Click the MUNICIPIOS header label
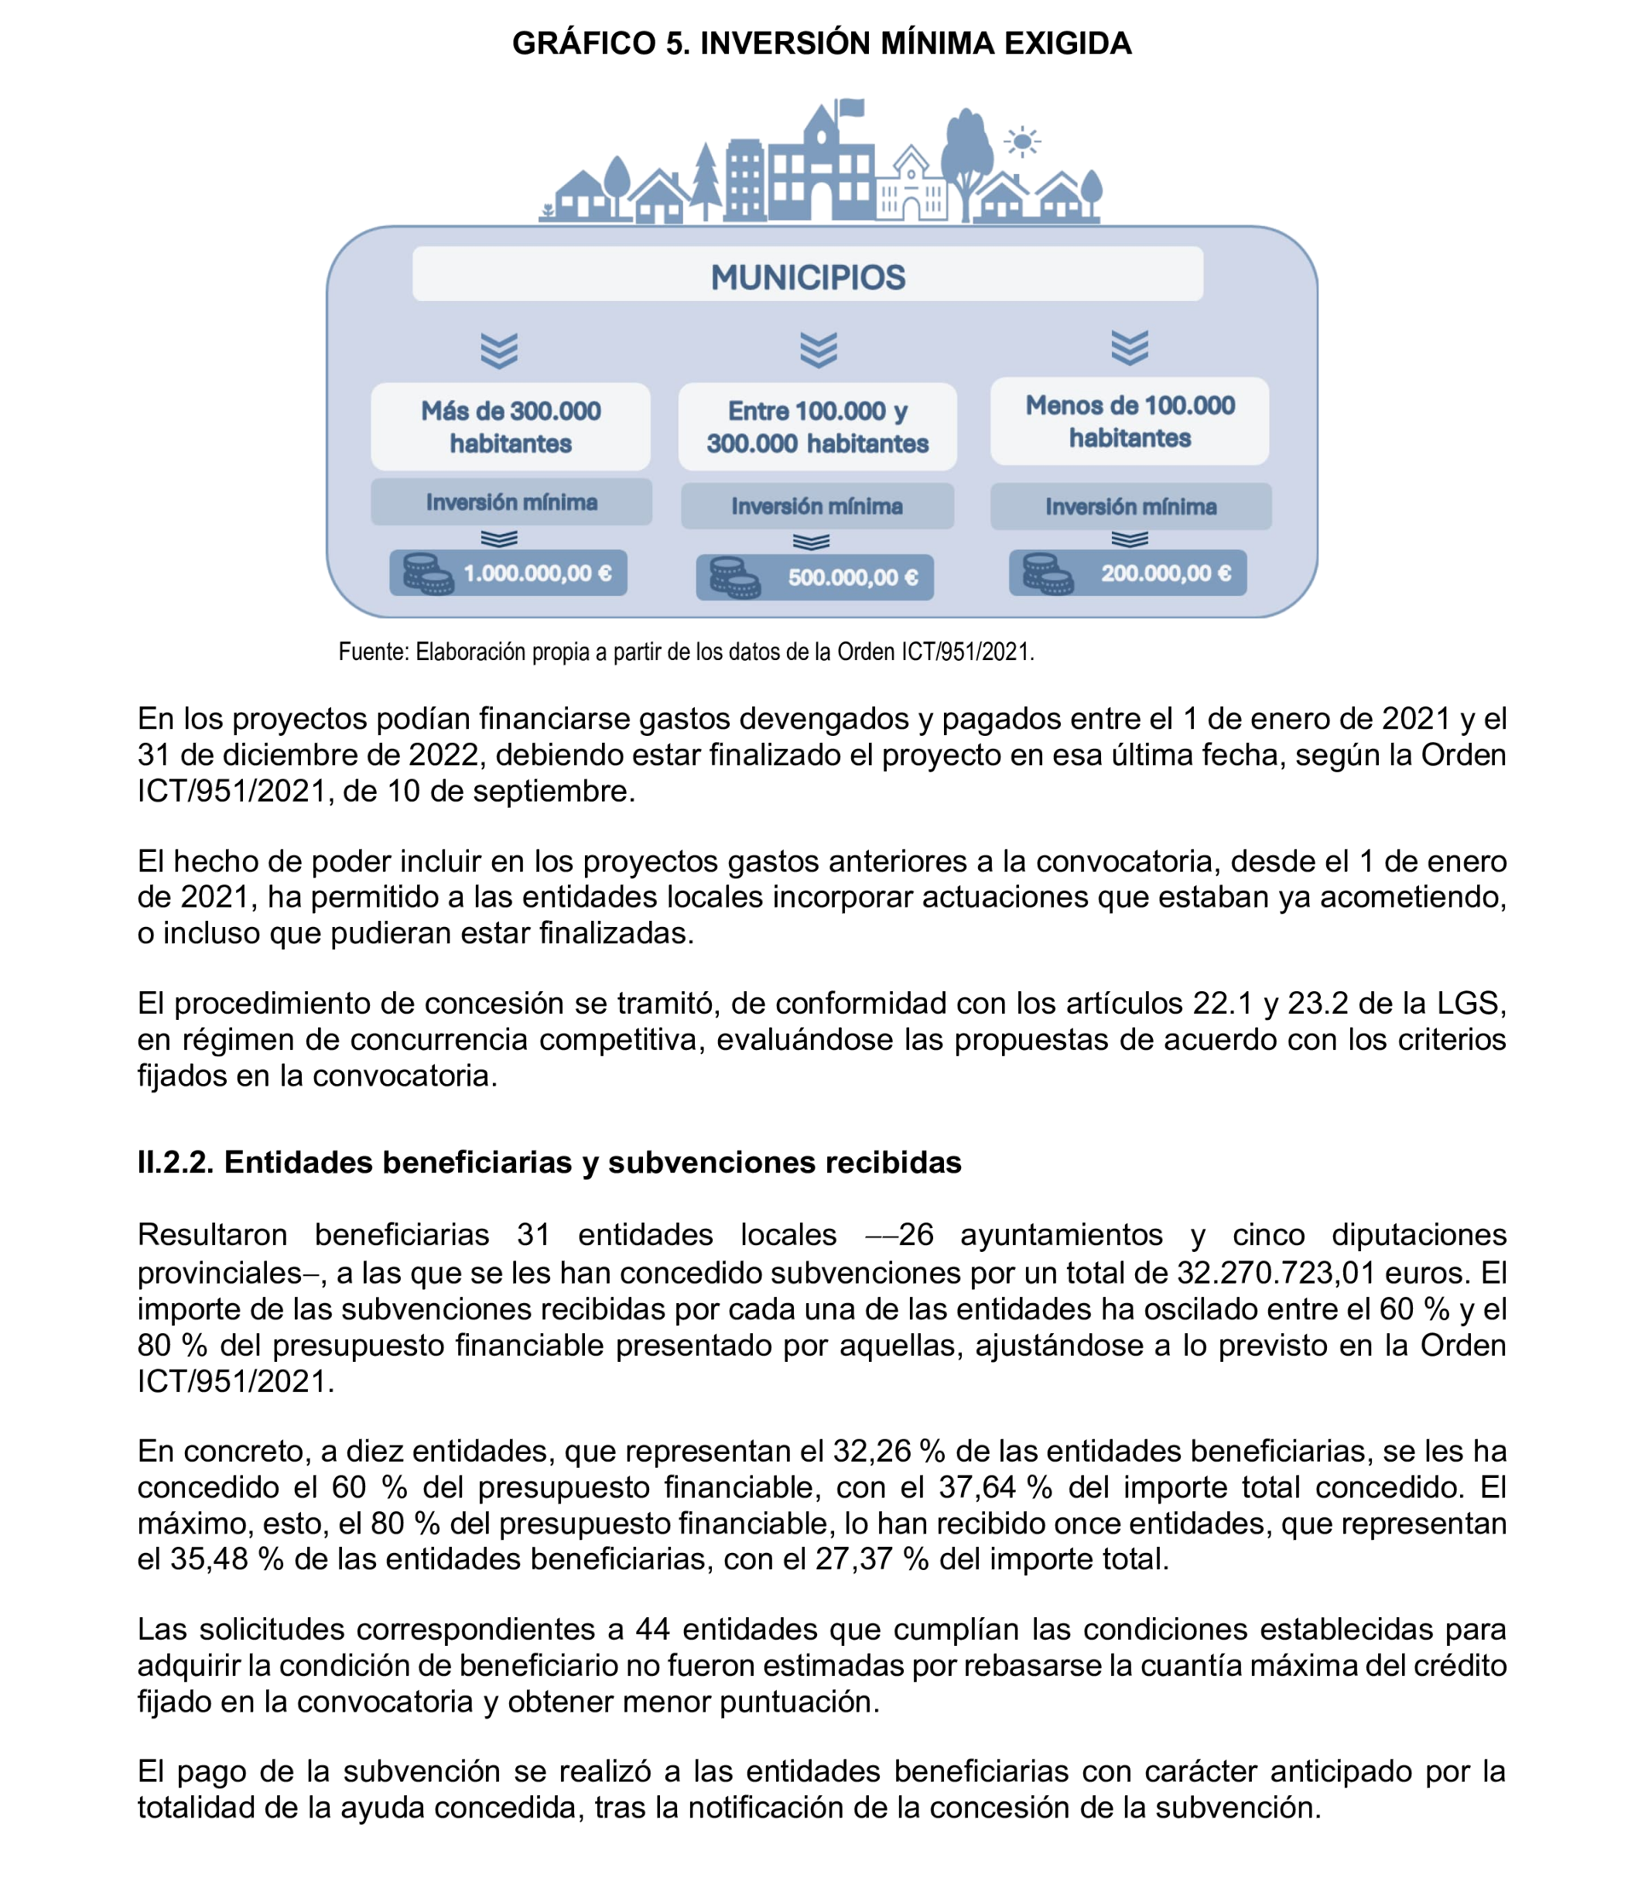pyautogui.click(x=808, y=276)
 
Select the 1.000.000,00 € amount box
pyautogui.click(x=508, y=573)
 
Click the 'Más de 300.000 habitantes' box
pyautogui.click(x=511, y=427)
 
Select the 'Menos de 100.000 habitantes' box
pyautogui.click(x=1129, y=422)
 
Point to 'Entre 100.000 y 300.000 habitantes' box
pyautogui.click(x=817, y=427)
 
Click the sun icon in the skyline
pyautogui.click(x=1021, y=142)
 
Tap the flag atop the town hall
pyautogui.click(x=851, y=108)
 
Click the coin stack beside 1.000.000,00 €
pyautogui.click(x=428, y=574)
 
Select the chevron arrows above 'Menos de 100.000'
pyautogui.click(x=1129, y=347)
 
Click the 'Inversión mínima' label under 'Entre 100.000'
pyautogui.click(x=817, y=506)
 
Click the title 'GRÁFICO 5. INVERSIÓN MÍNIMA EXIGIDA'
pyautogui.click(x=822, y=43)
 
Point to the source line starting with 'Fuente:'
pyautogui.click(x=686, y=652)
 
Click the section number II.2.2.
pyautogui.click(x=174, y=1162)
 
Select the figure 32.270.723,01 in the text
pyautogui.click(x=1275, y=1273)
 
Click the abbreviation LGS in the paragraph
pyautogui.click(x=1469, y=1003)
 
